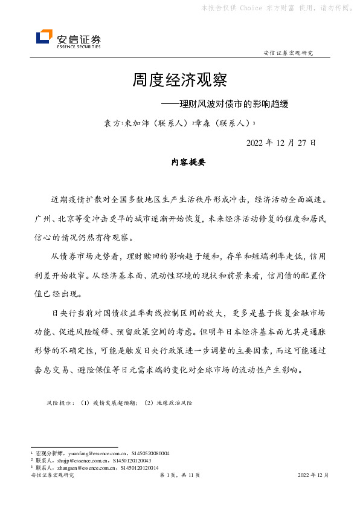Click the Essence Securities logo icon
(44, 37)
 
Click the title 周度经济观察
(179, 80)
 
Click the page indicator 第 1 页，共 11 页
(179, 476)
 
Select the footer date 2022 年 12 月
(313, 476)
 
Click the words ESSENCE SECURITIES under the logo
(79, 46)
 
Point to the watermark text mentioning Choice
(277, 8)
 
